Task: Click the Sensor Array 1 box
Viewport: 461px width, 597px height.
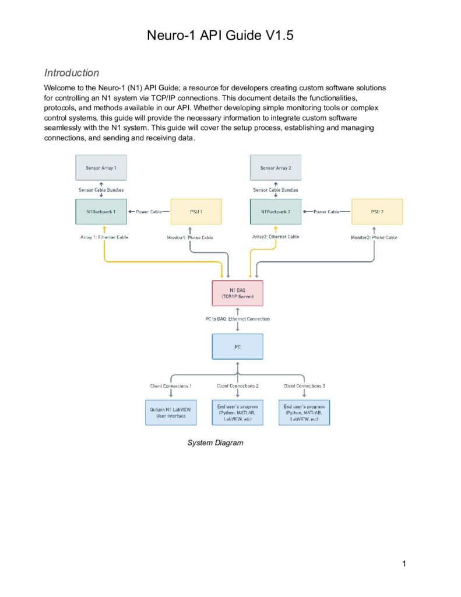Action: pos(101,167)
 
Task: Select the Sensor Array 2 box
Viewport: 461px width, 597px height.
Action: pos(276,167)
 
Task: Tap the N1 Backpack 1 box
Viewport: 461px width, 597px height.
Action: pos(101,212)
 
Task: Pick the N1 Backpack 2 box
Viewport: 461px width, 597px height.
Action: pos(276,212)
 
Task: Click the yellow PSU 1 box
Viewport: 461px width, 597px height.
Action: pos(196,212)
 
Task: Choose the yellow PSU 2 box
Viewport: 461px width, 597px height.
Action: pos(377,212)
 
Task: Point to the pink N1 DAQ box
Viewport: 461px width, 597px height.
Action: pos(238,293)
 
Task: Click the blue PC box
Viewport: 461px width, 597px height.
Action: pos(238,346)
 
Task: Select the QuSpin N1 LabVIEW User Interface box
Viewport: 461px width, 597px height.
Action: pos(171,413)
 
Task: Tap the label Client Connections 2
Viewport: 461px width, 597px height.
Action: pos(238,386)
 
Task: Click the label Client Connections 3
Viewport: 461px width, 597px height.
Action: pos(304,386)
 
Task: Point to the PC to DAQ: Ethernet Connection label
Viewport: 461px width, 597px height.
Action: pos(238,319)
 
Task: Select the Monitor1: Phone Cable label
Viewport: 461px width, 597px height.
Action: pos(190,238)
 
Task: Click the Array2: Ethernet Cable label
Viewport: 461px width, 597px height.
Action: pos(276,237)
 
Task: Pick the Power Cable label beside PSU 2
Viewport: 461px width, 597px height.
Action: pos(326,212)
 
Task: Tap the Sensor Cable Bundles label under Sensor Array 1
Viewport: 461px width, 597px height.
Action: pos(101,189)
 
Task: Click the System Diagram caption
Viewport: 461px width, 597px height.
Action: pos(215,443)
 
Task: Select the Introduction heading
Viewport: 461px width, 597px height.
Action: pos(72,73)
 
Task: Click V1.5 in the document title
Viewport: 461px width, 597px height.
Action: pos(280,36)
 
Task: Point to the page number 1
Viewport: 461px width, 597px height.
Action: pos(404,564)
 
